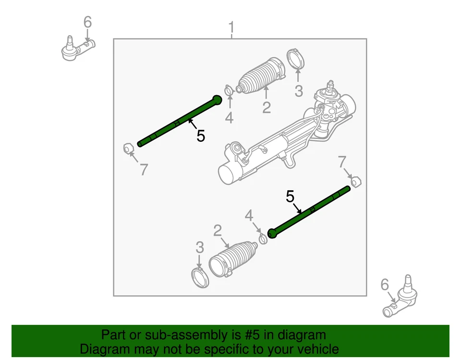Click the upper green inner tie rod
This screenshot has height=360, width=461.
point(178,122)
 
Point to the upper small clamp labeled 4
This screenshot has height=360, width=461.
point(229,90)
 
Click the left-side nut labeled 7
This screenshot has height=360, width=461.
point(127,148)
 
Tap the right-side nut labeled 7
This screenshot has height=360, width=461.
point(356,182)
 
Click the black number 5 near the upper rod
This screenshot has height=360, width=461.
point(201,137)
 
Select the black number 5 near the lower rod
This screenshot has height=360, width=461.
point(290,196)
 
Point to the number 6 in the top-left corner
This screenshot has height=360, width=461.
point(87,22)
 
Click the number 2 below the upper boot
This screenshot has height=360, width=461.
point(267,107)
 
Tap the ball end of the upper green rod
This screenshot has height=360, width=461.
point(217,99)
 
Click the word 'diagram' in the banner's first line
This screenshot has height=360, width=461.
point(302,335)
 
